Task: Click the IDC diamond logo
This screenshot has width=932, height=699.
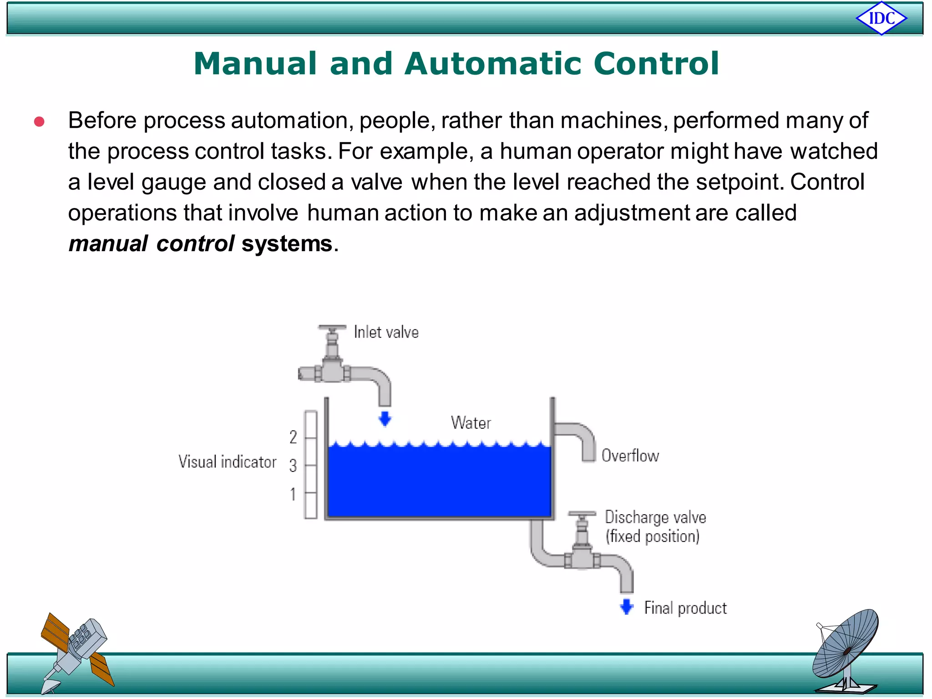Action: coord(881,19)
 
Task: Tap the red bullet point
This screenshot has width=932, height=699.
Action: coord(39,122)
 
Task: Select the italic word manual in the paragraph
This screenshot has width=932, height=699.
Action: coord(108,243)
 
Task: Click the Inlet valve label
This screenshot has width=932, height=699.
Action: coord(386,332)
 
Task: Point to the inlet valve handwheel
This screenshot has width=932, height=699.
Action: coord(332,328)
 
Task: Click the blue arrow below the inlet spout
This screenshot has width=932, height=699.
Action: coord(385,418)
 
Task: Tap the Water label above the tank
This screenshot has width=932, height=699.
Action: coord(471,423)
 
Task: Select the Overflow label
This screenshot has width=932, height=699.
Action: coord(630,456)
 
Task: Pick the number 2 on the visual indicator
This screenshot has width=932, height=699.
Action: coord(293,437)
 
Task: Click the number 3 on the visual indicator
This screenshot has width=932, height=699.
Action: coord(293,466)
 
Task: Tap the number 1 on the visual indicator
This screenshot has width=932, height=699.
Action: coord(293,494)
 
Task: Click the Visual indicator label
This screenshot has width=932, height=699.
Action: coord(227,462)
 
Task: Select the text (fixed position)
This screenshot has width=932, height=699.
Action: coord(652,537)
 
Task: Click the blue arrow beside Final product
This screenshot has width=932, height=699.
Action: coord(627,607)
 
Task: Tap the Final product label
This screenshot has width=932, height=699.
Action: coord(685,608)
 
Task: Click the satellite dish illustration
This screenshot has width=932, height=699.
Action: coord(846,651)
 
